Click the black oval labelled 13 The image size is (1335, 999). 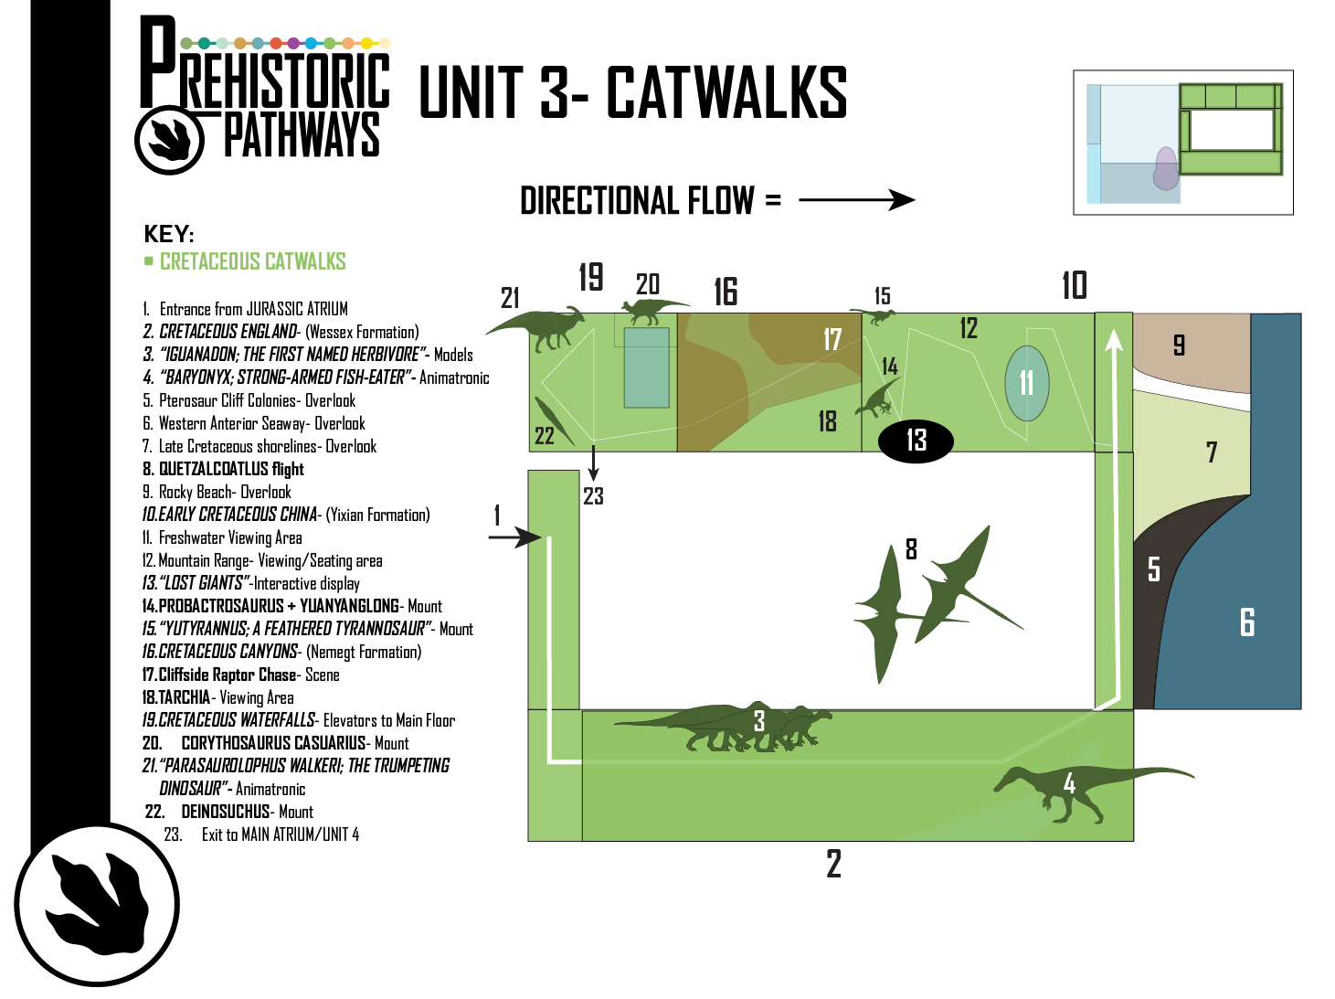pyautogui.click(x=916, y=441)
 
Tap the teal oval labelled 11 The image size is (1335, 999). pyautogui.click(x=1027, y=383)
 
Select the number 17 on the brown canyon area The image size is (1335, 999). pyautogui.click(x=832, y=339)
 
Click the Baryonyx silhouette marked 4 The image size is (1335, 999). pyautogui.click(x=1088, y=791)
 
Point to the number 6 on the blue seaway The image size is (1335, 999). pyautogui.click(x=1246, y=622)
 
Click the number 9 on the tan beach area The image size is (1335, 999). pyautogui.click(x=1179, y=345)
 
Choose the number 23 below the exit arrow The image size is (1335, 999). pyautogui.click(x=593, y=496)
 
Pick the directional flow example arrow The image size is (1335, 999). pyautogui.click(x=857, y=199)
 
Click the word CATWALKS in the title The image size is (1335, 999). pyautogui.click(x=726, y=92)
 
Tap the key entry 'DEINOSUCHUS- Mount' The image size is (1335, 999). pyautogui.click(x=228, y=812)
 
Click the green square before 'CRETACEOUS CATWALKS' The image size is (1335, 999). pyautogui.click(x=148, y=261)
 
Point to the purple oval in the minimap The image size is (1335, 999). pyautogui.click(x=1166, y=168)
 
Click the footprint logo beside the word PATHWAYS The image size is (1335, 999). pyautogui.click(x=169, y=139)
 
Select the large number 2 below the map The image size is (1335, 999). pyautogui.click(x=834, y=864)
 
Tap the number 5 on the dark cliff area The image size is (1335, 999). pyautogui.click(x=1154, y=569)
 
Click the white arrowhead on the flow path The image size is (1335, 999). pyautogui.click(x=1114, y=339)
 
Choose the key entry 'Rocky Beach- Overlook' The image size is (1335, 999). pyautogui.click(x=217, y=493)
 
